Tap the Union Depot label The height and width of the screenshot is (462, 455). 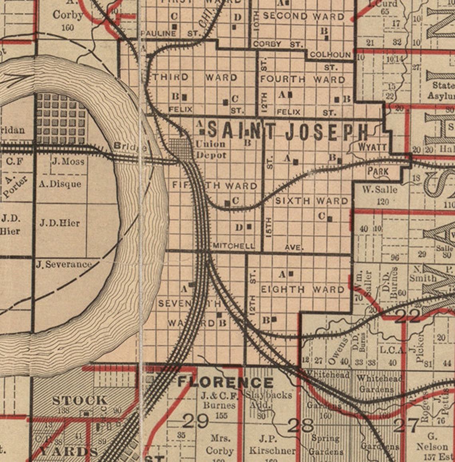point(210,149)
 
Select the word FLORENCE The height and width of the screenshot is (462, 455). point(226,382)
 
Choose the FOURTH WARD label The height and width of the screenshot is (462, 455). point(303,79)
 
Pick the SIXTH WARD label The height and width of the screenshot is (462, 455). point(312,201)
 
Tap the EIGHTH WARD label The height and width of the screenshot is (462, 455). point(302,289)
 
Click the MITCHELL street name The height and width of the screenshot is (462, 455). point(234,246)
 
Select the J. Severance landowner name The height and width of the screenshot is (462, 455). point(64,264)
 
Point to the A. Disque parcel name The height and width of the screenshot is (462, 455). point(60,184)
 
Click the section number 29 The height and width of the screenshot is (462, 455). point(196,420)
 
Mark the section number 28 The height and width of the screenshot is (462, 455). point(300,426)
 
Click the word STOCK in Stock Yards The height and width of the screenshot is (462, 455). point(80,400)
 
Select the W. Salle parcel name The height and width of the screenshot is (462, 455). point(380,189)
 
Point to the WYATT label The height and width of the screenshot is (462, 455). point(372,147)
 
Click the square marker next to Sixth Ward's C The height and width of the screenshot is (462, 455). point(330,219)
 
